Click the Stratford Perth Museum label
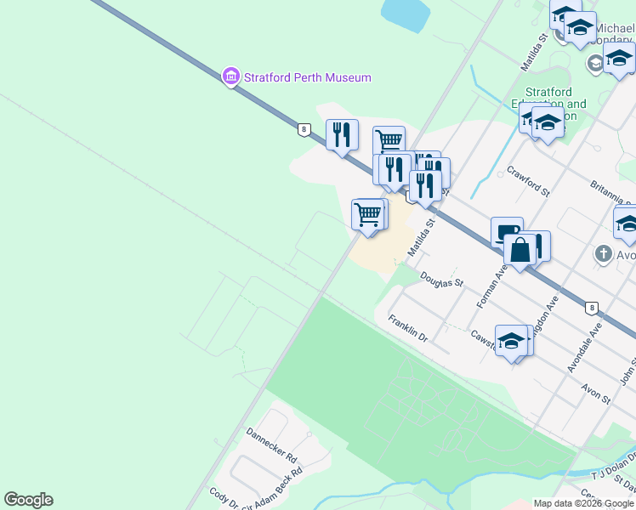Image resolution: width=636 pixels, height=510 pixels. click(x=307, y=77)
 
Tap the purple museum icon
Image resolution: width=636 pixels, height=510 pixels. click(x=230, y=76)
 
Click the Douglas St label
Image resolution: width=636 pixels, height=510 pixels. click(x=441, y=279)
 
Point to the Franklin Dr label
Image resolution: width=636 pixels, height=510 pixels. click(x=407, y=328)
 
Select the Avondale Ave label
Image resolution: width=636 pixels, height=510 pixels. click(x=586, y=346)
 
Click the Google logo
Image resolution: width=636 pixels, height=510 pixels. click(x=28, y=500)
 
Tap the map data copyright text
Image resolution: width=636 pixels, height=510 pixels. click(x=583, y=503)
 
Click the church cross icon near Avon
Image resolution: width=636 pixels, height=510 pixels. click(x=603, y=253)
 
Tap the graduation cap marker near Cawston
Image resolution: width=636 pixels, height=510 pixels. click(x=512, y=341)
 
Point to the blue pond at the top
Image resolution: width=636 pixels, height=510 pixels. click(x=406, y=13)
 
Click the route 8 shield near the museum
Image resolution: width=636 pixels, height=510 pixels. click(x=304, y=129)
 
